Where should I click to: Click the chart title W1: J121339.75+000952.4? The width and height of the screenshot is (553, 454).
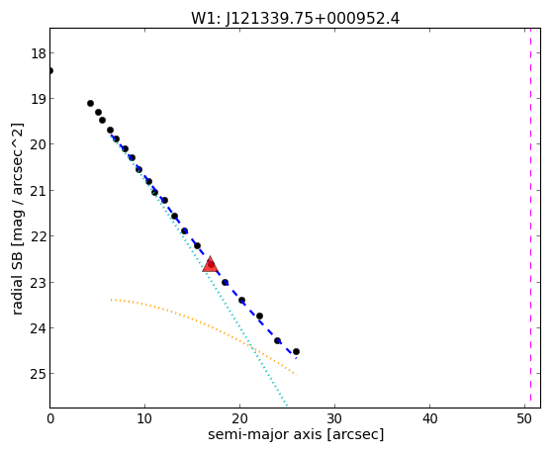[295, 18]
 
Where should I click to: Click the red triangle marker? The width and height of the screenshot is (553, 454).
[210, 265]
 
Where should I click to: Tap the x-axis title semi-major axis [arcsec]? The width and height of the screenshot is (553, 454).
[296, 434]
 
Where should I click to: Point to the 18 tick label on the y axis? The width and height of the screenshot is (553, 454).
[38, 53]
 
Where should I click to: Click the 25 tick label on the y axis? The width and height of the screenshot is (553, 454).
[38, 374]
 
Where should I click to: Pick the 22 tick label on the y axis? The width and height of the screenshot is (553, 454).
[38, 236]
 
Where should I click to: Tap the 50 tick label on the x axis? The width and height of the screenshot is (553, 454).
[524, 418]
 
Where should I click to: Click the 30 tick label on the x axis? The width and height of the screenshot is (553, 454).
[334, 418]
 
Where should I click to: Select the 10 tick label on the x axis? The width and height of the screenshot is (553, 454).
[144, 418]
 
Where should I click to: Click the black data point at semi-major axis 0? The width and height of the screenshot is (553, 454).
[50, 71]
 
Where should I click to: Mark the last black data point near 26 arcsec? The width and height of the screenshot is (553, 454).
[296, 352]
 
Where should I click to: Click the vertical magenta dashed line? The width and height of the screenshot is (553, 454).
[530, 218]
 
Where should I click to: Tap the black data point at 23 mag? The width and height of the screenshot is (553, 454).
[225, 283]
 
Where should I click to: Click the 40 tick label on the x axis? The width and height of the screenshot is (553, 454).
[429, 418]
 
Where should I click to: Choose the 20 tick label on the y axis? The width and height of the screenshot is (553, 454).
[38, 144]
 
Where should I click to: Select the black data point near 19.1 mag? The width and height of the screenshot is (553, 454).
[90, 103]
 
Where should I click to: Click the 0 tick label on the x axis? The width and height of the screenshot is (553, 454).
[50, 418]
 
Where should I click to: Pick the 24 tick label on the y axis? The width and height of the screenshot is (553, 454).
[38, 328]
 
